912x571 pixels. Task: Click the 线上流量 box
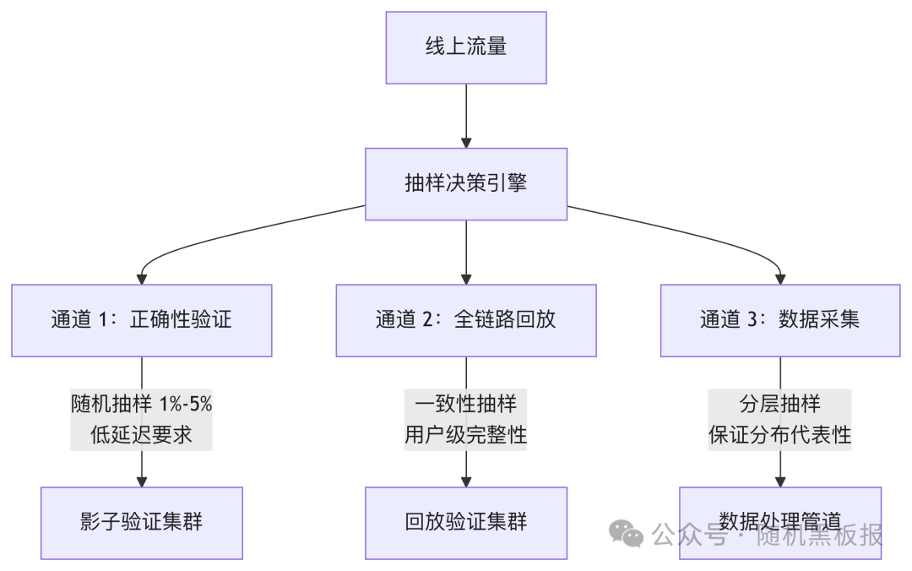pyautogui.click(x=466, y=47)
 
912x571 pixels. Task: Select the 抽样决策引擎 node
pyautogui.click(x=466, y=184)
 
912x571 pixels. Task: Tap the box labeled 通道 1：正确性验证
pyautogui.click(x=142, y=320)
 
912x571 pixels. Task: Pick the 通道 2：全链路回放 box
pyautogui.click(x=466, y=320)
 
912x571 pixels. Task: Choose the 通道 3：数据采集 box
pyautogui.click(x=779, y=320)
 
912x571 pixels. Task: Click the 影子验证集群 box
pyautogui.click(x=142, y=523)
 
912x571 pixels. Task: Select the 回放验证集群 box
pyautogui.click(x=466, y=523)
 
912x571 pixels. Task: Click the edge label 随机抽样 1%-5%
pyautogui.click(x=142, y=404)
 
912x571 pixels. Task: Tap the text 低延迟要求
pyautogui.click(x=142, y=435)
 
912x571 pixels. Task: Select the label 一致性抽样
pyautogui.click(x=466, y=404)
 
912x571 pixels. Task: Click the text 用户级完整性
pyautogui.click(x=466, y=435)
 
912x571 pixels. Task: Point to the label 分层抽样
pyautogui.click(x=779, y=404)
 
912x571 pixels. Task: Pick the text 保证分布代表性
pyautogui.click(x=779, y=435)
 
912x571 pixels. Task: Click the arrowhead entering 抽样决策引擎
pyautogui.click(x=466, y=142)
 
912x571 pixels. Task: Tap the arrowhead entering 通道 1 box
pyautogui.click(x=142, y=278)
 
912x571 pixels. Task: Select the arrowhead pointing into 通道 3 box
pyautogui.click(x=779, y=278)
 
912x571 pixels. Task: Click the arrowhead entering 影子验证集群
pyautogui.click(x=142, y=481)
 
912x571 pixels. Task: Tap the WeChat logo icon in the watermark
pyautogui.click(x=627, y=533)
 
